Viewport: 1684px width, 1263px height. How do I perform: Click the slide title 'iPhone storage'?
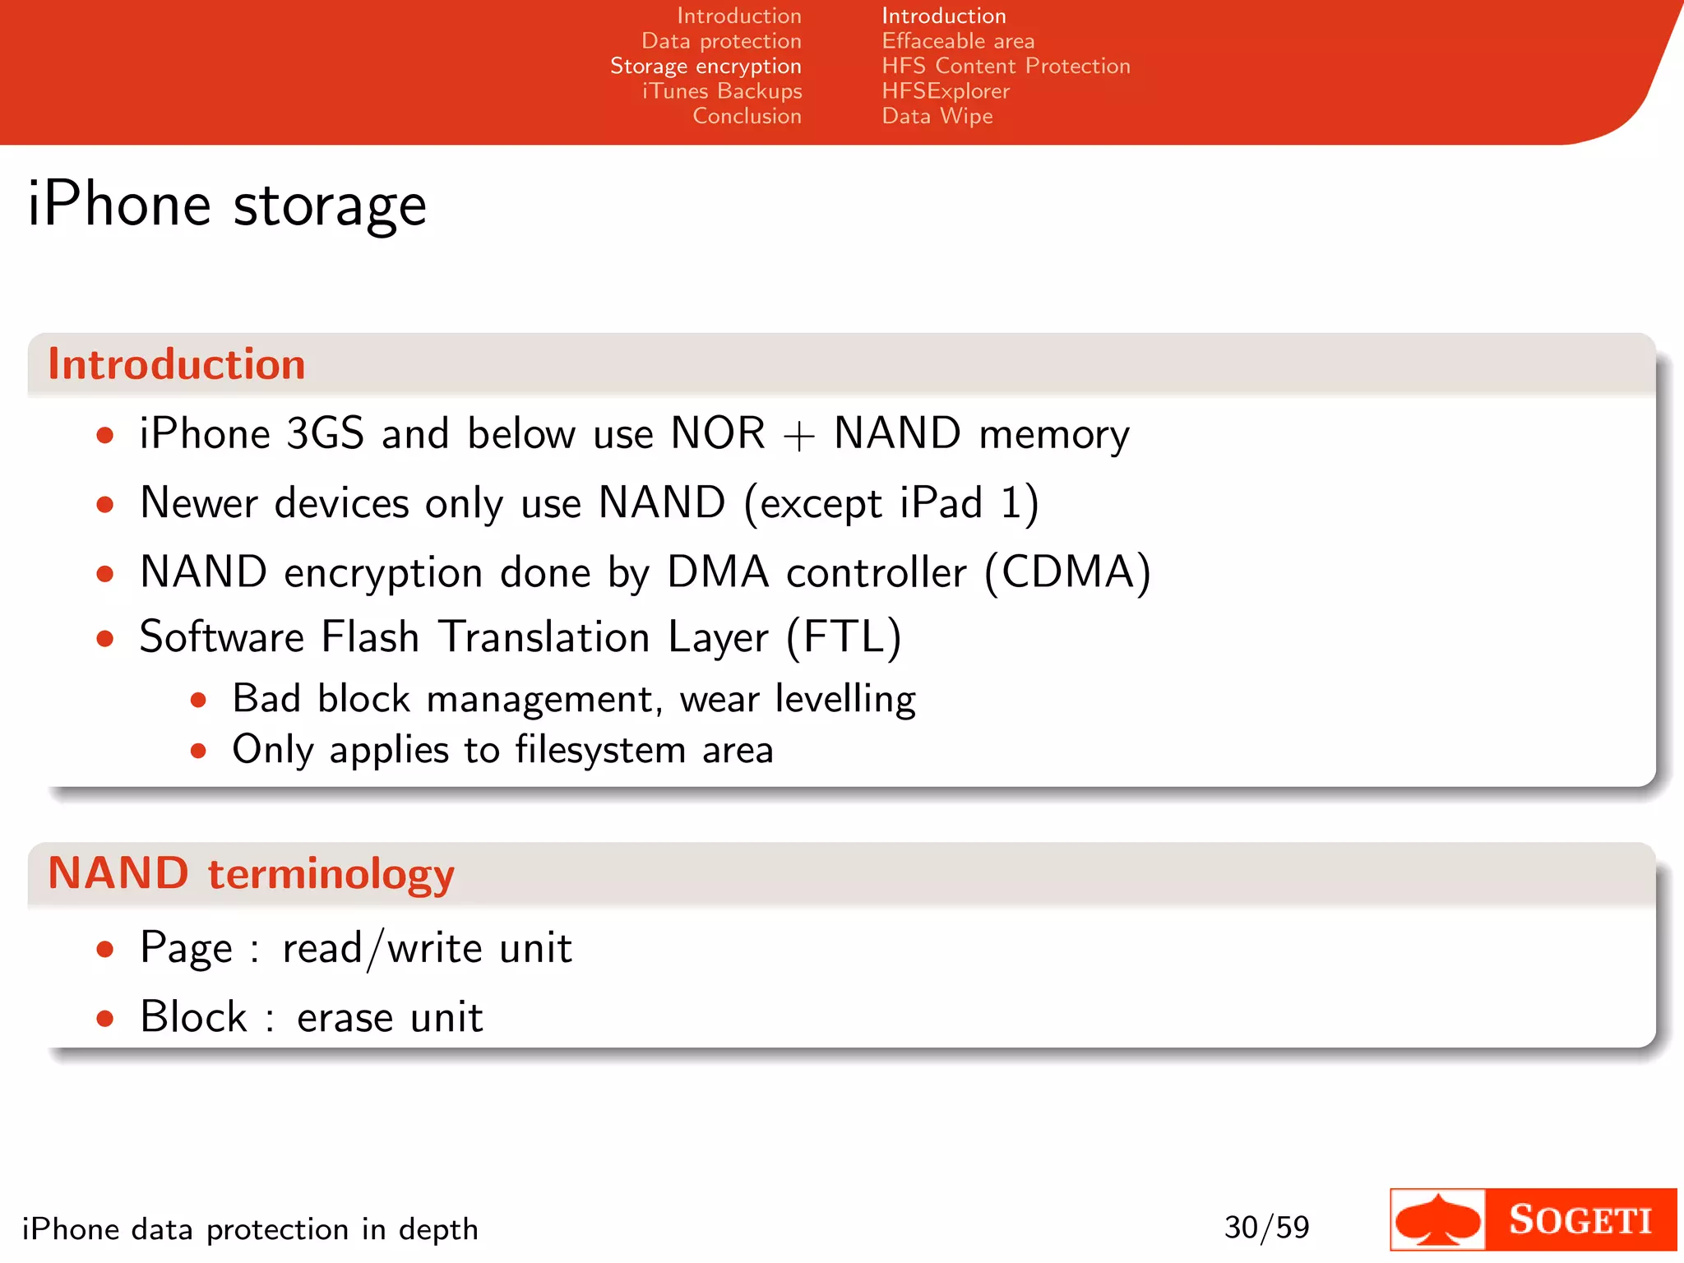(227, 205)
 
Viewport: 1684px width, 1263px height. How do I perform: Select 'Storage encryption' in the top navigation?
(706, 67)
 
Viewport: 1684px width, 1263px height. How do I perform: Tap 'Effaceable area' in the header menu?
(958, 41)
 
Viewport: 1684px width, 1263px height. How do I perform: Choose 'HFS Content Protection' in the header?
(1006, 67)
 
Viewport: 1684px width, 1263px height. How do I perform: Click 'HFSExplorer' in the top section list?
(946, 91)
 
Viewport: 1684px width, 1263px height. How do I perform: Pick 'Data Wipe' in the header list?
(937, 116)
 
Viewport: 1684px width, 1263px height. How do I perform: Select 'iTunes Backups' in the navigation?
(722, 91)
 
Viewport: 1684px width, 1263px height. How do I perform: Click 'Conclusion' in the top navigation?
(747, 116)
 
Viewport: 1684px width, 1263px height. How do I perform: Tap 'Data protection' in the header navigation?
(721, 41)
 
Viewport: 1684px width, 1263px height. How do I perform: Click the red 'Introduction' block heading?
(177, 364)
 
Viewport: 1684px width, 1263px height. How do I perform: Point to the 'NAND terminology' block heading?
(251, 873)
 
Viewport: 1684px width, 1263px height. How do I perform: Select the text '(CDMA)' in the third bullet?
(1067, 572)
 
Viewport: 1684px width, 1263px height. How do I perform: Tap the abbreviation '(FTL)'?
(844, 637)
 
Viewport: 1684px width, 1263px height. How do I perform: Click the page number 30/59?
(1266, 1228)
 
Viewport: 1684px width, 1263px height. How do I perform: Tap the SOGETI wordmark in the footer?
(1580, 1220)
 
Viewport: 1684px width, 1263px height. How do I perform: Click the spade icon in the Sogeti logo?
(1438, 1220)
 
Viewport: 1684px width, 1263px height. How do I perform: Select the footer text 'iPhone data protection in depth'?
(250, 1229)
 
